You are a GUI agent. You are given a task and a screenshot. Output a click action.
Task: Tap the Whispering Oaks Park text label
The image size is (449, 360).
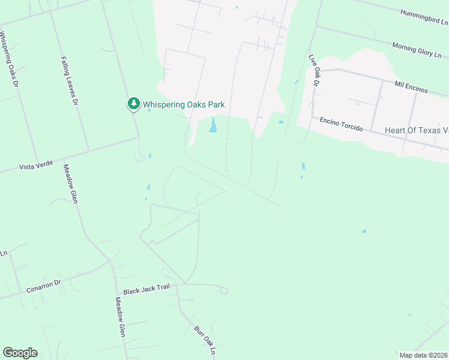(184, 104)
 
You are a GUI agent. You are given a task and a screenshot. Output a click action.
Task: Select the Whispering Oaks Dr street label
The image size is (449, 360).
(10, 59)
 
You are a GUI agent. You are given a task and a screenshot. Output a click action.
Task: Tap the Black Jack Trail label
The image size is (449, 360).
(146, 290)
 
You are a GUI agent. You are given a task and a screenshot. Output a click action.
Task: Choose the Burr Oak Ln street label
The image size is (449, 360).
(204, 340)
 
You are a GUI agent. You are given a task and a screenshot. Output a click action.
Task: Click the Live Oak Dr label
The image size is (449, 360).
(313, 70)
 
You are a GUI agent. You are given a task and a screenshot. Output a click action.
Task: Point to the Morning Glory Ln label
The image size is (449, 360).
(417, 49)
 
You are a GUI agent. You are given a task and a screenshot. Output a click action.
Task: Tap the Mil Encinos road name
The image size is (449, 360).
(411, 87)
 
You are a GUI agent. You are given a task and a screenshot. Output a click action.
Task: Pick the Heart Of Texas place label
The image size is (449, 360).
(417, 130)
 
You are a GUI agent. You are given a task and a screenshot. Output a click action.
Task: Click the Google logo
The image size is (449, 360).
(20, 353)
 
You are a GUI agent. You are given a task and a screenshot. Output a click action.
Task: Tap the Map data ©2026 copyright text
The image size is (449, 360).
(423, 355)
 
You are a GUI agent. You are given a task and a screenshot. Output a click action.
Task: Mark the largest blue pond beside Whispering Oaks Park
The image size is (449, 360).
(212, 126)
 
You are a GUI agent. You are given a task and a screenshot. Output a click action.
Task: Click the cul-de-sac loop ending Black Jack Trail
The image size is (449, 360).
(223, 290)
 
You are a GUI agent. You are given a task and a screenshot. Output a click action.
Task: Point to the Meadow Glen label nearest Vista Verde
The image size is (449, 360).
(70, 185)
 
